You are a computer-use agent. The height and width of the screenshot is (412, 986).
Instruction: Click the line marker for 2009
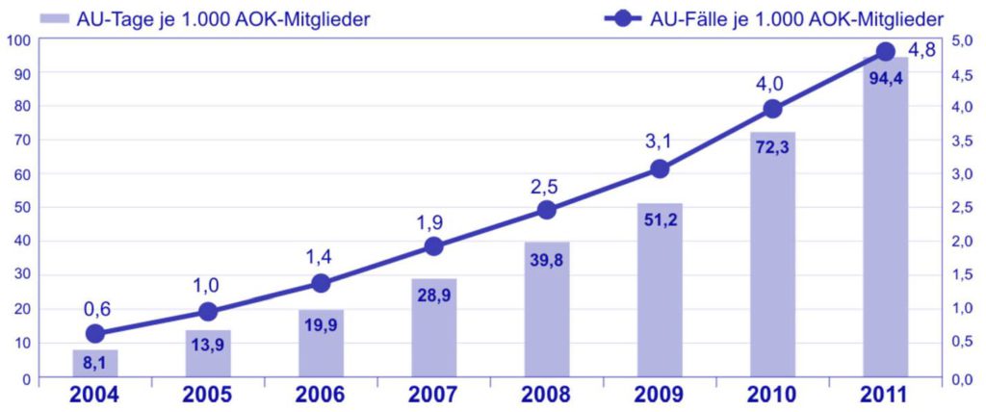click(x=660, y=168)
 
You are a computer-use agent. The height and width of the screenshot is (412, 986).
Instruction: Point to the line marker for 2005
click(x=208, y=311)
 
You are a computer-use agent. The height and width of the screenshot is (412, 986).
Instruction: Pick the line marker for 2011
click(x=886, y=51)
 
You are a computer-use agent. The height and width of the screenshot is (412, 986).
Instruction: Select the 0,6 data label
click(x=95, y=308)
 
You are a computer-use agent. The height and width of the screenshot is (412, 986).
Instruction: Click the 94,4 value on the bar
click(x=886, y=79)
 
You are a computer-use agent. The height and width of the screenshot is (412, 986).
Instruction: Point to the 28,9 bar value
click(x=433, y=294)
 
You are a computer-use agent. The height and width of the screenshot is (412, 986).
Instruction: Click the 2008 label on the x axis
click(x=547, y=396)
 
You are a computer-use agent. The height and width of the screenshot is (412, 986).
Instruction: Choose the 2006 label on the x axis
click(x=321, y=396)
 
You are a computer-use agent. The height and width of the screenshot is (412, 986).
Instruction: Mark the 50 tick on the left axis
click(x=21, y=208)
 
